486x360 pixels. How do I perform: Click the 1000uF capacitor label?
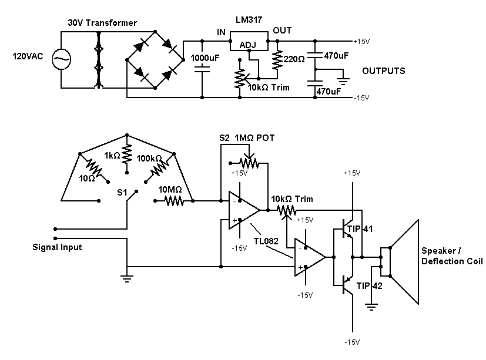[x=204, y=59]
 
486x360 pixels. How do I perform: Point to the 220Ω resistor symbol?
[x=276, y=59]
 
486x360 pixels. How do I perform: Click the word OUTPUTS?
[x=383, y=70]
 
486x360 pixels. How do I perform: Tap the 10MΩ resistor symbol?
[x=174, y=201]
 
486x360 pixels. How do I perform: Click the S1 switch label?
[x=122, y=192]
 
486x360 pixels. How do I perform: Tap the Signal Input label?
[x=57, y=247]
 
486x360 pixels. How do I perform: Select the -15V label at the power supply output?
[x=361, y=97]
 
